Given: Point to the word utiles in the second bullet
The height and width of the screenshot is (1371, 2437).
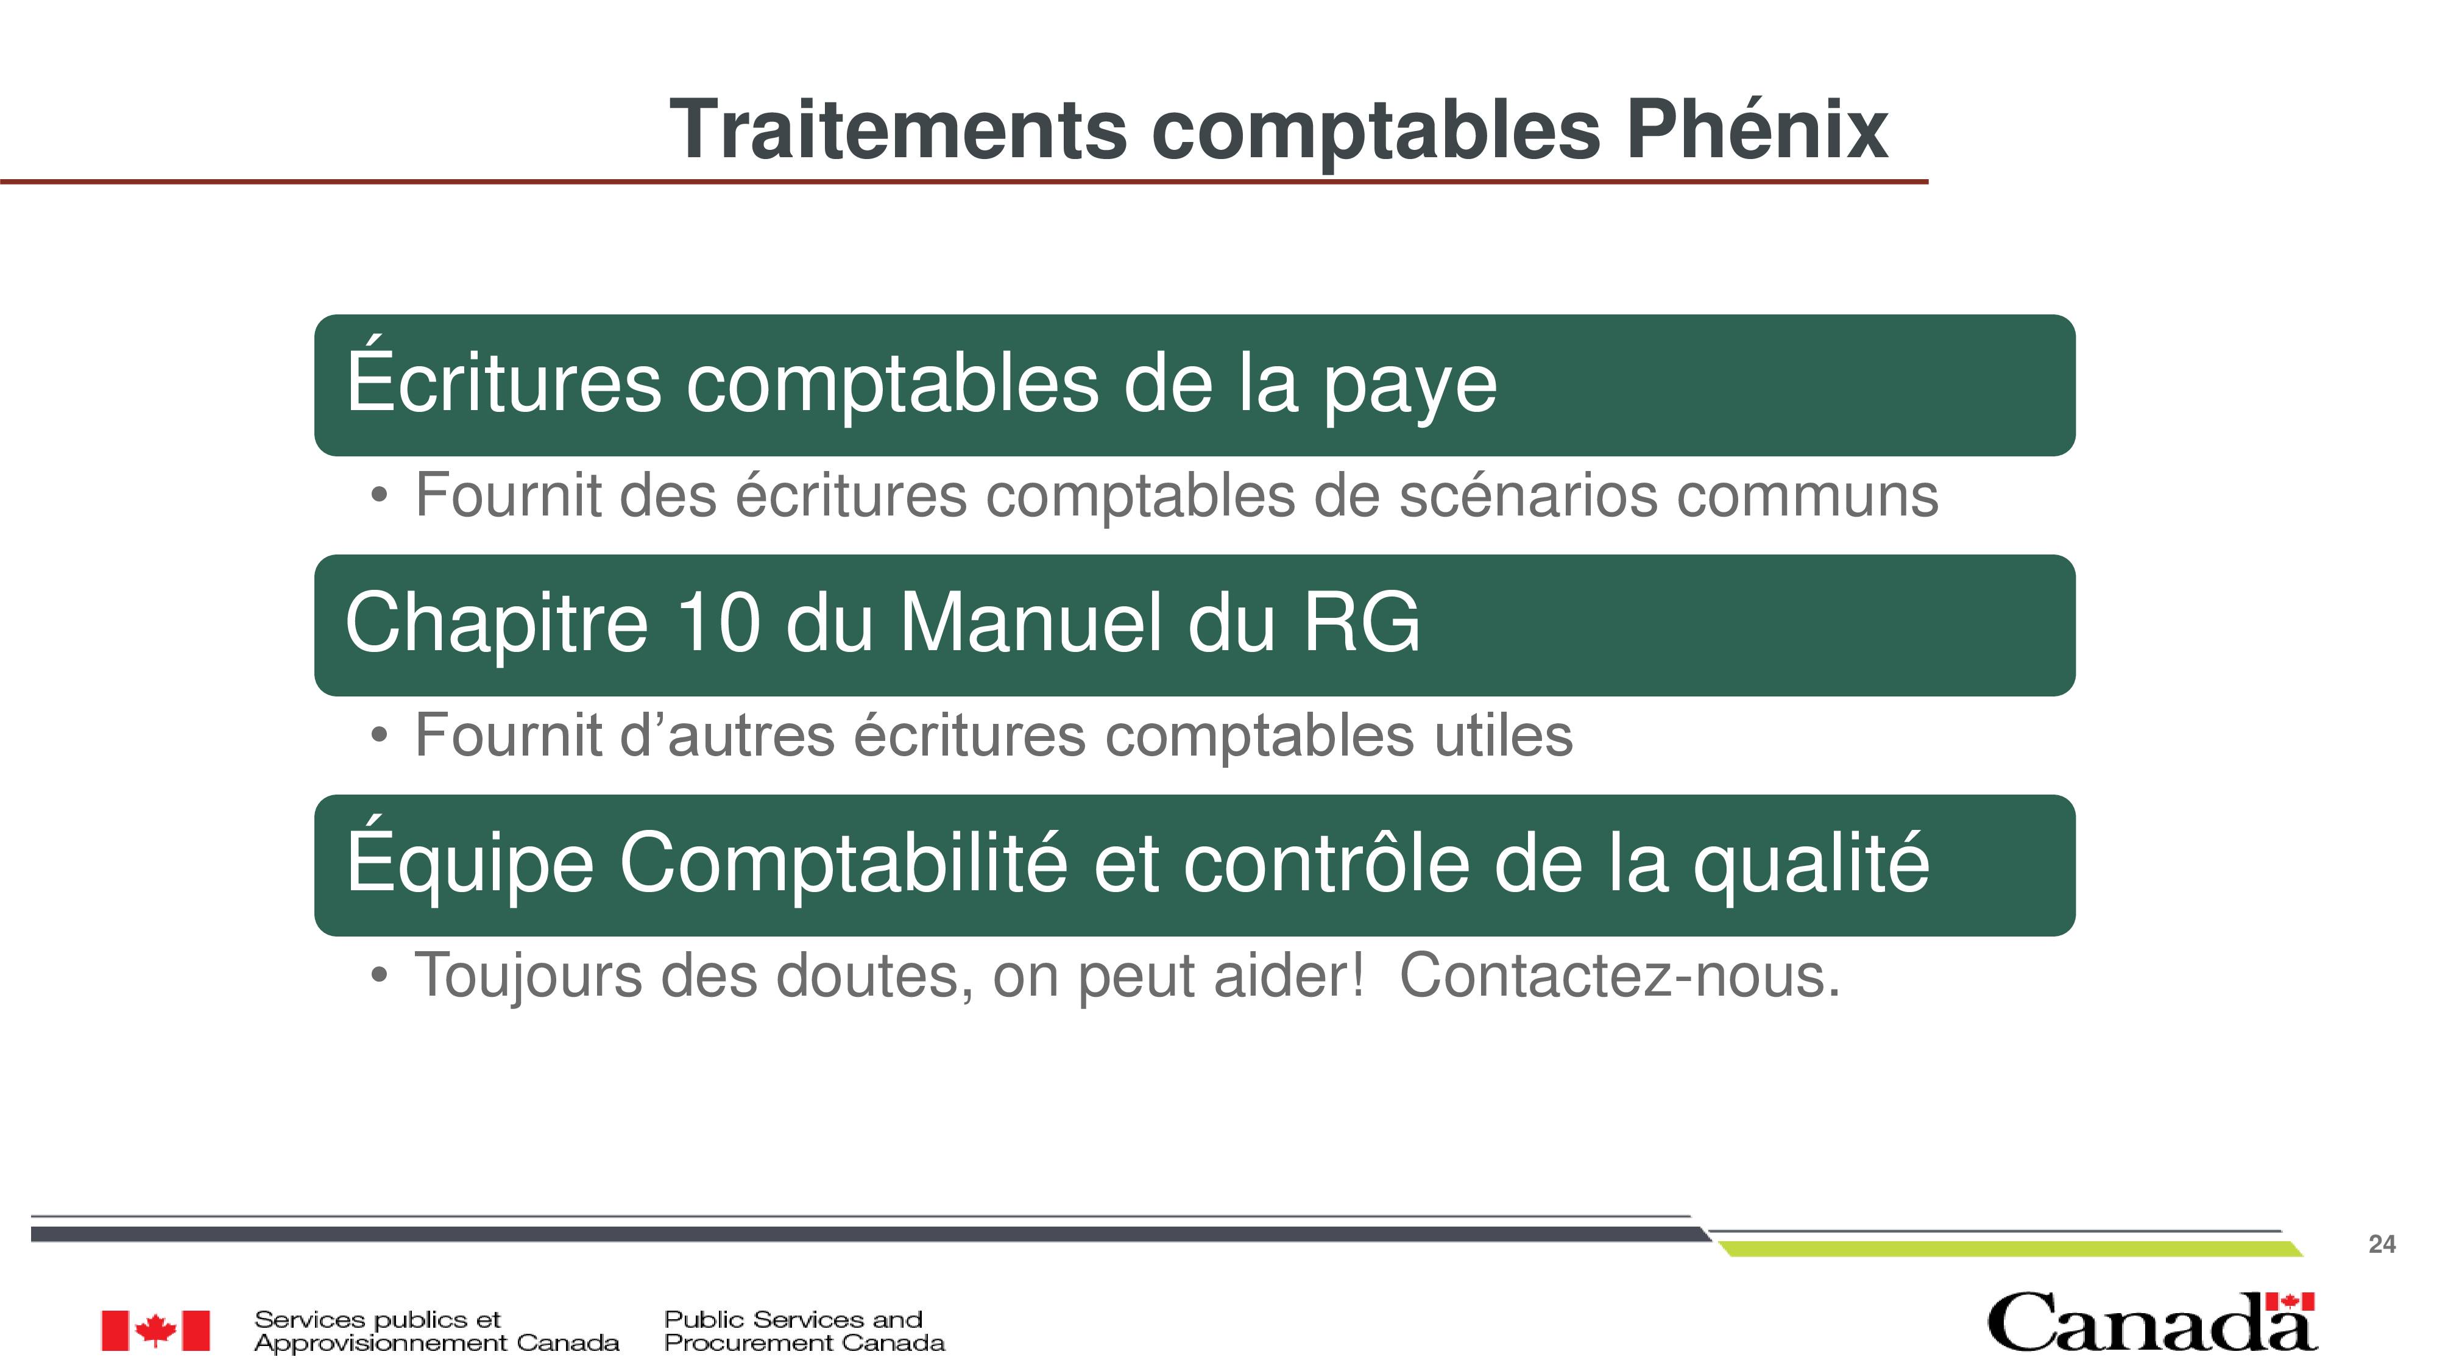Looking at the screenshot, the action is [x=1503, y=735].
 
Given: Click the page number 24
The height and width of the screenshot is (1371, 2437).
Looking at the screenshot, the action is [x=2381, y=1244].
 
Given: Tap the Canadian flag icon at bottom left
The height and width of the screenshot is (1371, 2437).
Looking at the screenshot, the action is [x=156, y=1330].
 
